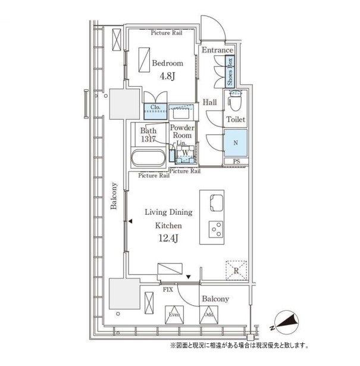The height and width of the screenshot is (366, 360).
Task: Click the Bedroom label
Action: [x=167, y=63]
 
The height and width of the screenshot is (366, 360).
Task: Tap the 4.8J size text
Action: [x=167, y=76]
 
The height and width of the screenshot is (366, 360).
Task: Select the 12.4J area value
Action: [x=168, y=238]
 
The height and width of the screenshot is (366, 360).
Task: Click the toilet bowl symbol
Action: [x=235, y=101]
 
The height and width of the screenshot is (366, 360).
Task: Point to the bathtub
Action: [x=149, y=158]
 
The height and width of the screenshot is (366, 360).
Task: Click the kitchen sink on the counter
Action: [x=217, y=203]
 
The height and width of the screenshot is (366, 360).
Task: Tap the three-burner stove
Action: [x=216, y=230]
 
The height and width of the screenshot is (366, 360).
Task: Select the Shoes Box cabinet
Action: [x=230, y=71]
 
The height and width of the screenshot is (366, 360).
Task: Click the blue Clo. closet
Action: [x=155, y=111]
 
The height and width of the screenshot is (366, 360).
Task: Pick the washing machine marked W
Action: [x=186, y=154]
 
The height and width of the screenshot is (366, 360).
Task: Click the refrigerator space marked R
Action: [x=236, y=271]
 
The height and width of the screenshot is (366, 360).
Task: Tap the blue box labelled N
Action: [x=236, y=143]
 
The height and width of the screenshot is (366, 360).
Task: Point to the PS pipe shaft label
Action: [x=236, y=161]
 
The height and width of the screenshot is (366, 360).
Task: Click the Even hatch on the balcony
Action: [x=174, y=315]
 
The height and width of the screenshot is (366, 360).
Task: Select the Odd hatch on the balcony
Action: [x=209, y=315]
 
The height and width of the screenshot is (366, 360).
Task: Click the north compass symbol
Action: [x=286, y=323]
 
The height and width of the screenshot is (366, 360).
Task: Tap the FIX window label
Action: [x=168, y=290]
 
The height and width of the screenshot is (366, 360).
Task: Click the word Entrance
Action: [x=217, y=50]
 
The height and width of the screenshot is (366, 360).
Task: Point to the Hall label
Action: [x=209, y=102]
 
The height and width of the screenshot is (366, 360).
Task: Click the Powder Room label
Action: [x=182, y=132]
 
